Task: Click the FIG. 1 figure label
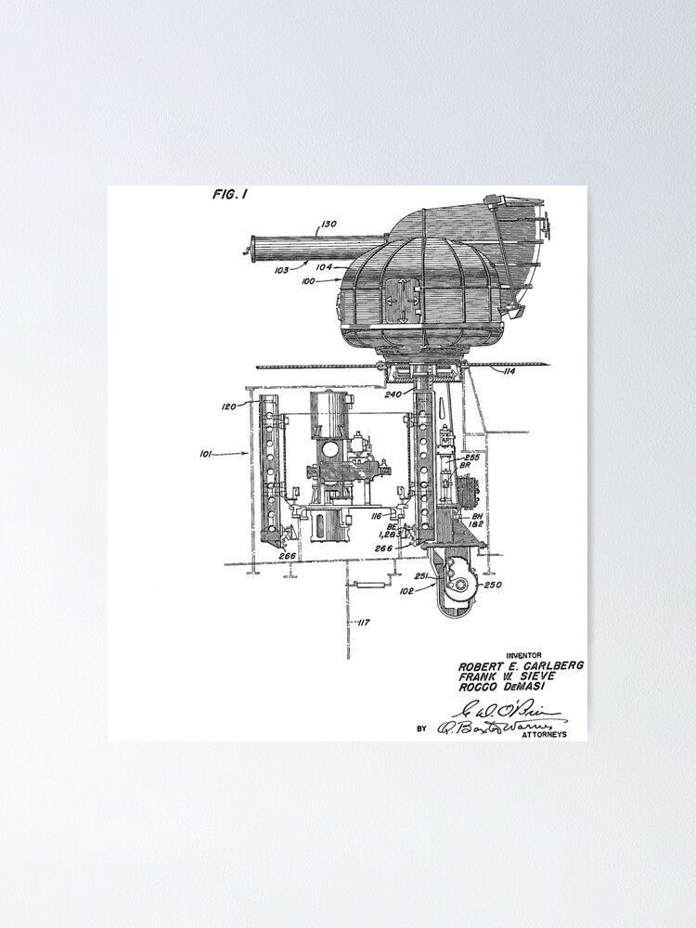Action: point(230,194)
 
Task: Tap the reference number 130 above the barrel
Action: point(329,223)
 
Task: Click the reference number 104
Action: point(324,265)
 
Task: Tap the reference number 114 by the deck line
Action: point(509,372)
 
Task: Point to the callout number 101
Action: point(207,454)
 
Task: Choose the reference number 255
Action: point(471,457)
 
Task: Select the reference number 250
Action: point(493,584)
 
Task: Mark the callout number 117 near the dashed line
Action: point(363,623)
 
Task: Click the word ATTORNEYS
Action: point(547,734)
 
